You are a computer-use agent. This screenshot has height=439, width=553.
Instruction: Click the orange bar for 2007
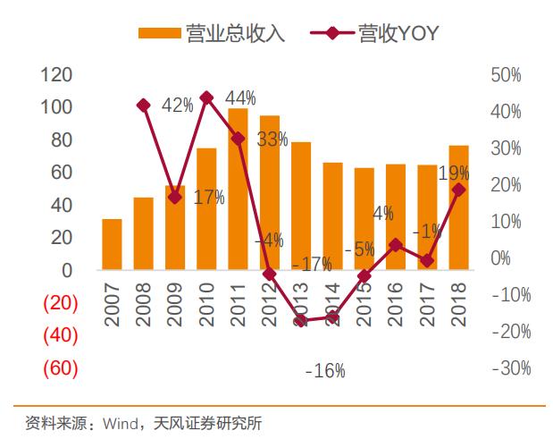point(112,244)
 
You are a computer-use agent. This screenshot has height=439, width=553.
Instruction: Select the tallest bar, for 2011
point(238,189)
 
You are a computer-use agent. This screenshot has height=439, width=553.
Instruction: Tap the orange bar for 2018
point(458,207)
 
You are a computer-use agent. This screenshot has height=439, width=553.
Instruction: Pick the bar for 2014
point(332,215)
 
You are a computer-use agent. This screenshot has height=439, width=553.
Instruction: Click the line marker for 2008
point(143,106)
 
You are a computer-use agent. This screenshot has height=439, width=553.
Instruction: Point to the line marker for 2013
point(301,320)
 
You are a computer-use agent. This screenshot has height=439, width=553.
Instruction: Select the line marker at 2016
point(396,244)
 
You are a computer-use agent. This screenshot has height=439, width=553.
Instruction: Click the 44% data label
point(241,97)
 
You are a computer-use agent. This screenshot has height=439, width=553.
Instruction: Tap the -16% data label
point(324,370)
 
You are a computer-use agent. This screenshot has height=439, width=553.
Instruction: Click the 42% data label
point(178,106)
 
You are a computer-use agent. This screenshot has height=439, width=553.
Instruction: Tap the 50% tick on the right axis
point(506,75)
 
